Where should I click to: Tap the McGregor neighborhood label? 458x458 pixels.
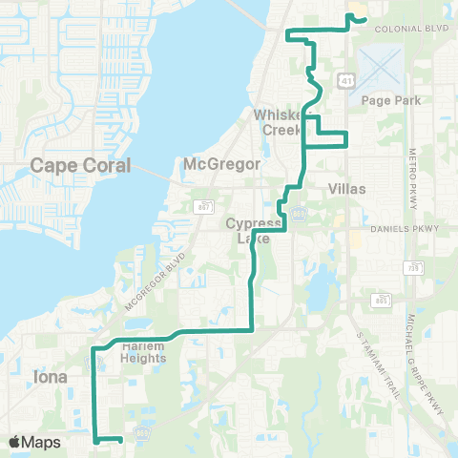coord(221,164)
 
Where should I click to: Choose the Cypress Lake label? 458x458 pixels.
coord(248,230)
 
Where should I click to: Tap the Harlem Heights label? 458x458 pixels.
coord(144,352)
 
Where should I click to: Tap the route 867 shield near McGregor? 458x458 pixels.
coord(205,206)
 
